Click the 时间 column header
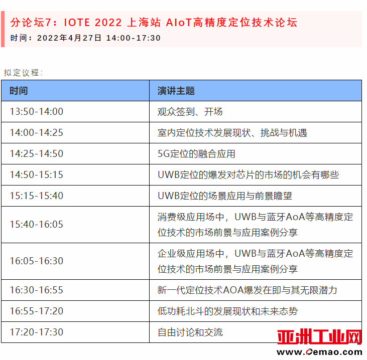[x=19, y=91]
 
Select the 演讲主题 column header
[x=176, y=91]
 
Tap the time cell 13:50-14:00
[x=37, y=111]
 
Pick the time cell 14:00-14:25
[x=37, y=132]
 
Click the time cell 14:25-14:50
[x=37, y=153]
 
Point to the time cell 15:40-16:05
[x=37, y=224]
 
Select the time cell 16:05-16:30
[x=37, y=261]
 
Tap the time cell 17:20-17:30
[x=37, y=332]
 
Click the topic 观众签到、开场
[x=190, y=111]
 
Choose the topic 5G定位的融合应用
[x=196, y=153]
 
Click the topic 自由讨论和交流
[x=190, y=332]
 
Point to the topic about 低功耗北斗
[x=227, y=311]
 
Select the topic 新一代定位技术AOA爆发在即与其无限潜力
[x=247, y=290]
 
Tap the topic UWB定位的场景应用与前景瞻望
[x=225, y=196]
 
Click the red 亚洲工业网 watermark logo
[x=319, y=337]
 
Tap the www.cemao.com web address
[x=319, y=351]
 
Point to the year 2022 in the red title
[x=108, y=23]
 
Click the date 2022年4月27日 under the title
[x=69, y=38]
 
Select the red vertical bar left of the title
[x=3, y=29]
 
